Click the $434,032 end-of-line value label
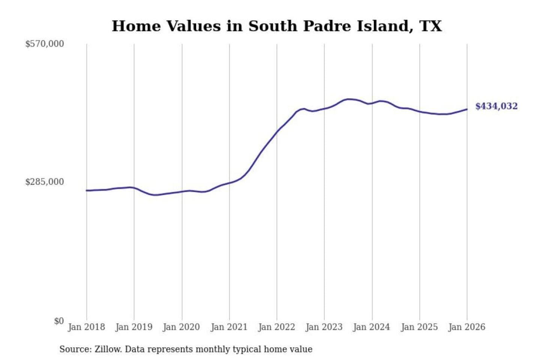496,106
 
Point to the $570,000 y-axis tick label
44,44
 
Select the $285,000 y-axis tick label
44,182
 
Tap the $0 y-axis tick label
58,321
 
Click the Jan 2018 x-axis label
86,327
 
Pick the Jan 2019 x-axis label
134,327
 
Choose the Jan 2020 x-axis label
181,327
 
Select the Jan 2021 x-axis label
229,327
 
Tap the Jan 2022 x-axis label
277,327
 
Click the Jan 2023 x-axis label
324,327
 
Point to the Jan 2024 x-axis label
372,327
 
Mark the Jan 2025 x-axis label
419,327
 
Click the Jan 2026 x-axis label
467,327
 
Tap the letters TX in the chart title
430,26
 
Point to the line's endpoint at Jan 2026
467,109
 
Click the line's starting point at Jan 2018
87,190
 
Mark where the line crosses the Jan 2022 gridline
277,131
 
